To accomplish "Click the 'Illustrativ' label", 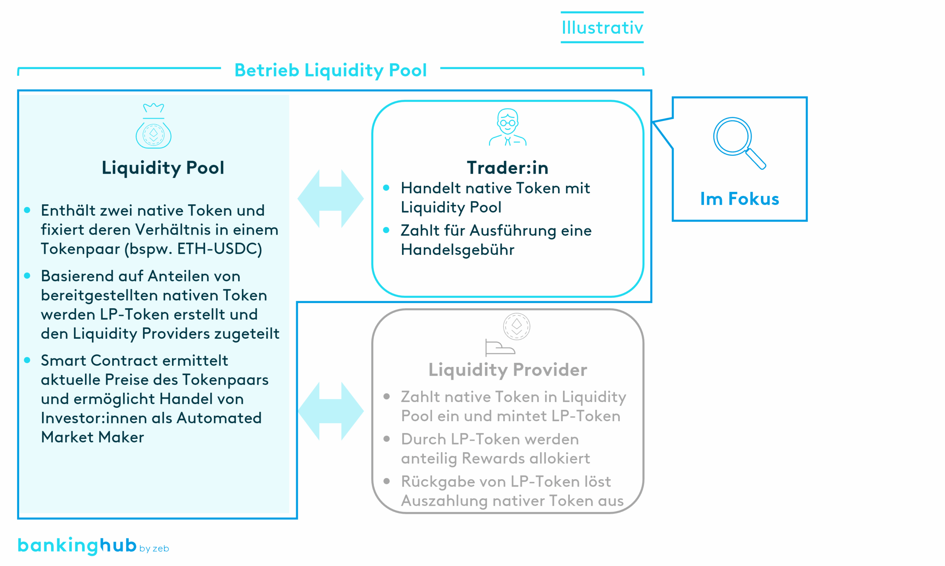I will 602,28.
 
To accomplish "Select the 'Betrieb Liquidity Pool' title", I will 330,70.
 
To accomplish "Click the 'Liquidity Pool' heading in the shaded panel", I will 163,168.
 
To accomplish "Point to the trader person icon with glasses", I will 508,127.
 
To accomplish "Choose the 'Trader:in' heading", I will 508,168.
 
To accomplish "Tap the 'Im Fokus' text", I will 739,199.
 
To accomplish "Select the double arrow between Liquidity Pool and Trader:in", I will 330,199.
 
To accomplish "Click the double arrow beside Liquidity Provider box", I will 330,411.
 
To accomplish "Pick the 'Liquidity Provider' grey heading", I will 508,369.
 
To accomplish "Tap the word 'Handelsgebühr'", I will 457,250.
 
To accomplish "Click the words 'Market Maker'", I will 92,437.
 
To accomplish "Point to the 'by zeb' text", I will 154,549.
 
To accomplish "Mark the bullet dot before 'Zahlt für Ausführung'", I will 386,230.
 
